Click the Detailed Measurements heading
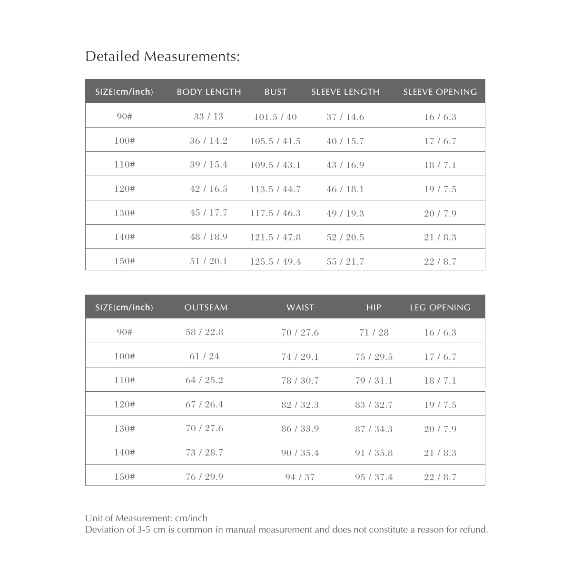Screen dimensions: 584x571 162,57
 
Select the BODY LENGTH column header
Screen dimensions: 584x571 209,92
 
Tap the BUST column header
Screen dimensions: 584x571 276,92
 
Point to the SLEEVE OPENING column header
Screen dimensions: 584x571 440,92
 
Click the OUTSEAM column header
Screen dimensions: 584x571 206,307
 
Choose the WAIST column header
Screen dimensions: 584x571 300,307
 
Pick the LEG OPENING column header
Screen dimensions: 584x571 440,307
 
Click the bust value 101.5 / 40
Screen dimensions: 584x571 275,117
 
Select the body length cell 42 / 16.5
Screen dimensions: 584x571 208,189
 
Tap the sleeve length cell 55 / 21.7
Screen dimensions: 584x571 345,262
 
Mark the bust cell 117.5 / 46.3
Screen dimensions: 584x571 275,213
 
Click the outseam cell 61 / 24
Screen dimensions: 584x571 204,356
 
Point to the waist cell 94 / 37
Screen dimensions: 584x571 300,477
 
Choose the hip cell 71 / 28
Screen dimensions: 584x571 374,333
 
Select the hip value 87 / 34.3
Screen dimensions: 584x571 374,429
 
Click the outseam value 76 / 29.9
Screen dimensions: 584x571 204,477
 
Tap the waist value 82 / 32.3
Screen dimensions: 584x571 300,405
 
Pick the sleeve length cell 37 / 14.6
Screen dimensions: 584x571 345,117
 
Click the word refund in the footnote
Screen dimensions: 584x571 473,530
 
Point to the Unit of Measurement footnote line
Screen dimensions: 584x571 146,518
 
